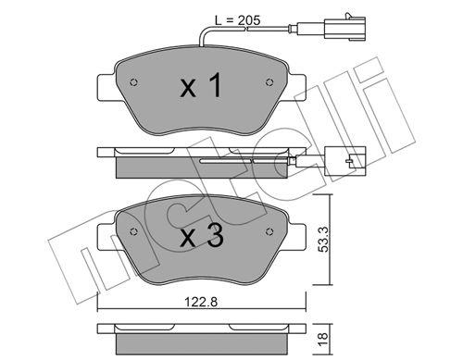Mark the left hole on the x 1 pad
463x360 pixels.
[x=136, y=80]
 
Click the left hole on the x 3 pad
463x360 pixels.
[x=136, y=230]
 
